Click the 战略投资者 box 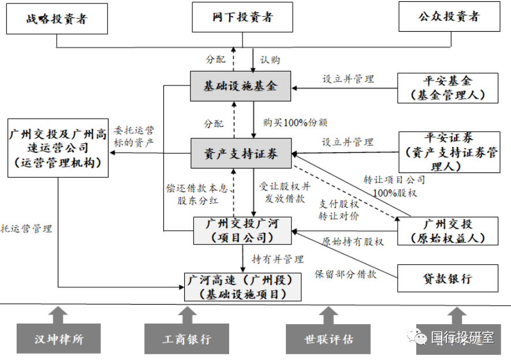tap(57, 18)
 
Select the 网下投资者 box tap(241, 17)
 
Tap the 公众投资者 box tap(448, 17)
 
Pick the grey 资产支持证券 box tap(240, 153)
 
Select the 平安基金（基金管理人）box tap(447, 88)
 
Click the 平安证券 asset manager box tap(448, 152)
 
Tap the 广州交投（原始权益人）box tap(447, 231)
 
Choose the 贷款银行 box tap(447, 279)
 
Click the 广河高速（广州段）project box tap(243, 287)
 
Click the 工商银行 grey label tap(186, 339)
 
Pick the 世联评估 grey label tap(328, 339)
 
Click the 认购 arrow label tap(270, 59)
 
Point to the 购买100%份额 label tap(288, 122)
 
